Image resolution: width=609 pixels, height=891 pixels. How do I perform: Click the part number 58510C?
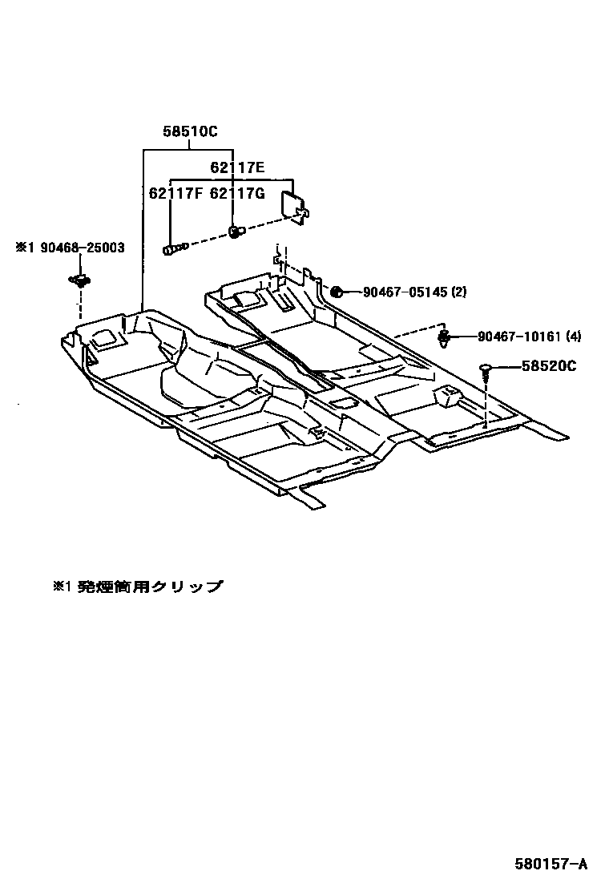point(191,132)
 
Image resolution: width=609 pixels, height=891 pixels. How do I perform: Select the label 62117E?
point(237,167)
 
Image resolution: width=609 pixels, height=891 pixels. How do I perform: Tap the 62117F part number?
point(176,193)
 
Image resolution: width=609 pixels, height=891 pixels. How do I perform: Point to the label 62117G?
point(237,193)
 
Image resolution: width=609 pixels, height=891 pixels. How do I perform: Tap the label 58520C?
point(549,366)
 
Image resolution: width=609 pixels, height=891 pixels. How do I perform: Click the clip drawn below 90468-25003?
point(79,280)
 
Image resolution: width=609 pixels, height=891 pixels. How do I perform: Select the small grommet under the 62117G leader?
point(234,232)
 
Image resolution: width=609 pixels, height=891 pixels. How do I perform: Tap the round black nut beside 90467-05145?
point(337,292)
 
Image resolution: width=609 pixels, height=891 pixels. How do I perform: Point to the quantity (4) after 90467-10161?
point(574,337)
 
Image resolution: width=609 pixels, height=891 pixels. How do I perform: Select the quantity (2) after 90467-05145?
point(458,292)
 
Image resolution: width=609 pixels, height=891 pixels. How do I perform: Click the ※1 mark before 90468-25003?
point(22,248)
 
